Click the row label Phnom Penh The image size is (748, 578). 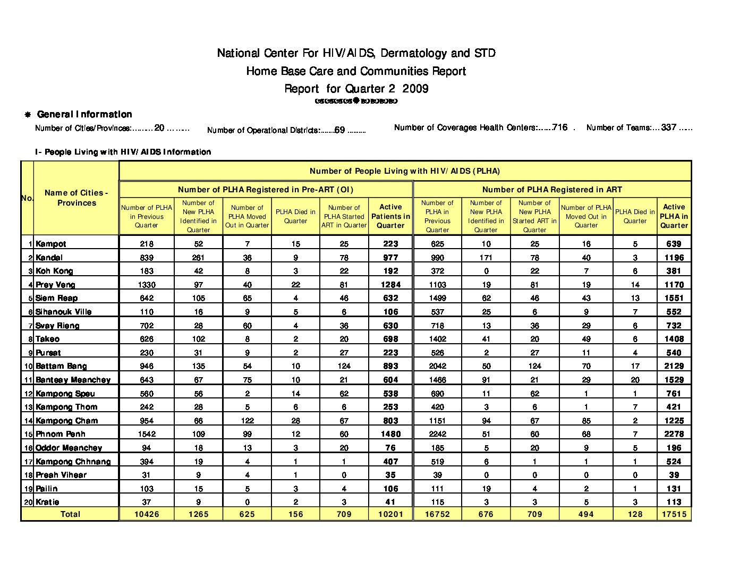pyautogui.click(x=60, y=434)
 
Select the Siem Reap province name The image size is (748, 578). pyautogui.click(x=56, y=298)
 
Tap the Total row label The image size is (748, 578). pyautogui.click(x=70, y=514)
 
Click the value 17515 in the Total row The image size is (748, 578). pyautogui.click(x=674, y=514)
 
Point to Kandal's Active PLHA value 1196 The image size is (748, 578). pyautogui.click(x=674, y=258)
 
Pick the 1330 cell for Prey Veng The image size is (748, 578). pyautogui.click(x=147, y=285)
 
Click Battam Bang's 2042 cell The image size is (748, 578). pyautogui.click(x=437, y=366)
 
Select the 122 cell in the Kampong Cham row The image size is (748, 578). pyautogui.click(x=247, y=421)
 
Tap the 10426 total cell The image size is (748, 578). pyautogui.click(x=147, y=514)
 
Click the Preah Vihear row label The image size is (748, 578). pyautogui.click(x=61, y=475)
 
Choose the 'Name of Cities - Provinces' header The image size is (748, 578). pyautogui.click(x=76, y=198)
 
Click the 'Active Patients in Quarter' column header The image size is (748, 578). pyautogui.click(x=390, y=216)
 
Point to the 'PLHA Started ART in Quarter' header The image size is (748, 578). pyautogui.click(x=344, y=216)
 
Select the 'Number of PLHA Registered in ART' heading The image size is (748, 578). pyautogui.click(x=552, y=190)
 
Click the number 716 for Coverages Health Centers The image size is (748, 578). pyautogui.click(x=559, y=127)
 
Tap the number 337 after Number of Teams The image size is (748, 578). pyautogui.click(x=668, y=127)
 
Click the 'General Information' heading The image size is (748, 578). pyautogui.click(x=84, y=114)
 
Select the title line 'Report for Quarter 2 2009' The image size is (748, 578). pyautogui.click(x=356, y=89)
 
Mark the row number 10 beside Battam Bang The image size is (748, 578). pyautogui.click(x=28, y=367)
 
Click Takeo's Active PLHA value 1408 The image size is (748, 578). pyautogui.click(x=674, y=339)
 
